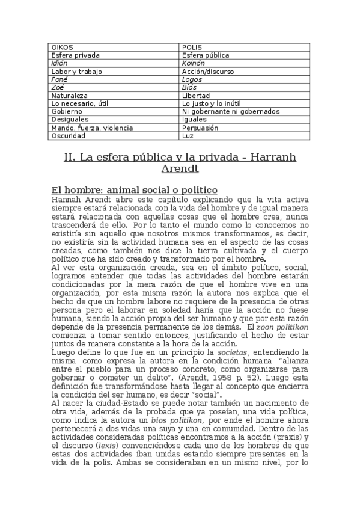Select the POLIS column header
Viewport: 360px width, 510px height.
pos(192,47)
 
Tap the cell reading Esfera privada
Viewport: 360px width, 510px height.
pos(76,55)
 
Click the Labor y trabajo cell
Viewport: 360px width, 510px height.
pos(77,71)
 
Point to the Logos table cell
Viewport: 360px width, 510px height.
pos(192,79)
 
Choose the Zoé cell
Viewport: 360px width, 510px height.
pos(58,87)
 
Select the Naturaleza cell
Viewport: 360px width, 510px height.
pos(70,95)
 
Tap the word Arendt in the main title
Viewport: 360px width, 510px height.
pos(180,171)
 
